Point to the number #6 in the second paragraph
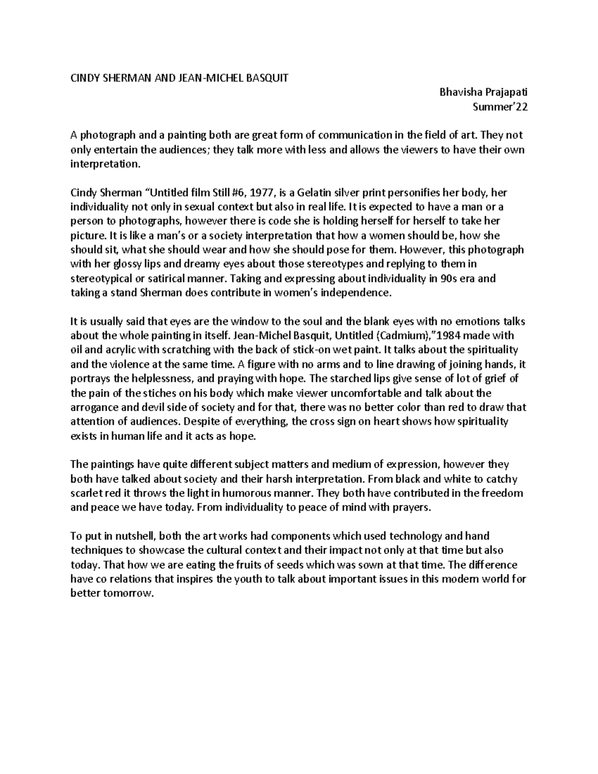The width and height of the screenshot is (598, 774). click(250, 192)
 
